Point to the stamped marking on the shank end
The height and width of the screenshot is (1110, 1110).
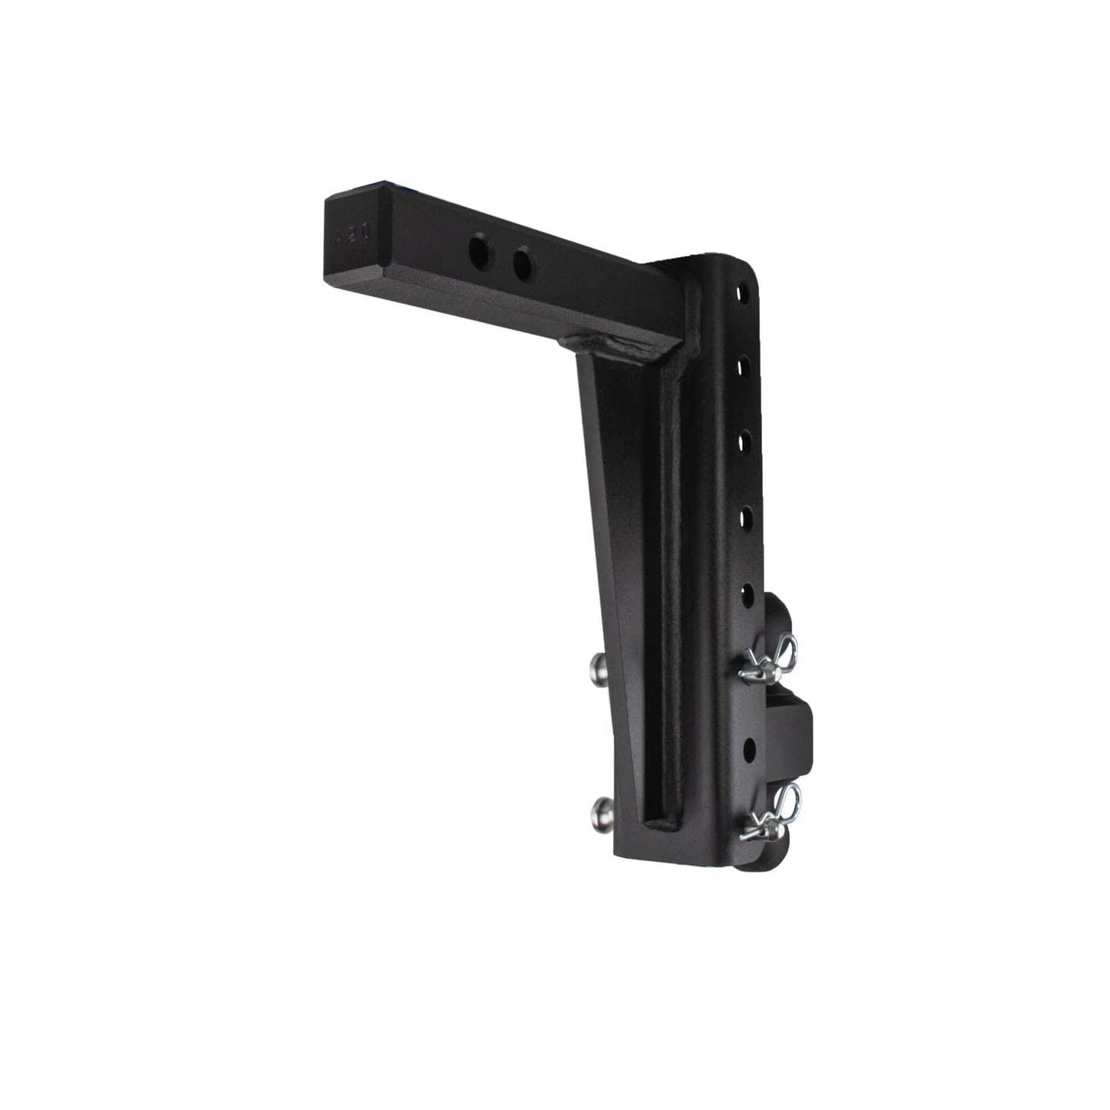(x=345, y=239)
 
